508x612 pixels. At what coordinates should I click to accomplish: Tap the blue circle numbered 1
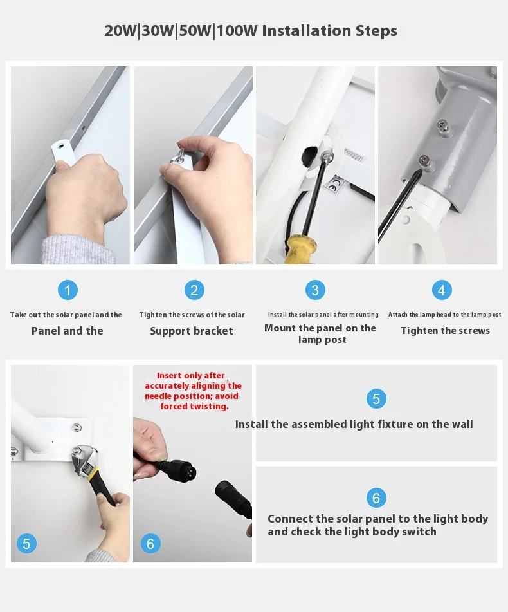click(x=68, y=290)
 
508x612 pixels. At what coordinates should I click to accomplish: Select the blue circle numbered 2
click(x=194, y=290)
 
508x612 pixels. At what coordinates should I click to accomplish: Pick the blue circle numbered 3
click(x=315, y=290)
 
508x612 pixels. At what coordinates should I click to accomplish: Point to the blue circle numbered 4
click(x=442, y=290)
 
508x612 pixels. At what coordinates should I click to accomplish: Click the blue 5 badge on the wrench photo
click(x=26, y=543)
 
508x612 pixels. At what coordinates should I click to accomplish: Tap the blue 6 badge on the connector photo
click(x=150, y=543)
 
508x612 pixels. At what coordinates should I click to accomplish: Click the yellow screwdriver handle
click(x=300, y=249)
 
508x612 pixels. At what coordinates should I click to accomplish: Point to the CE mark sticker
click(x=332, y=186)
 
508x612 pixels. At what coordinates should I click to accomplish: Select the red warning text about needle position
click(x=193, y=391)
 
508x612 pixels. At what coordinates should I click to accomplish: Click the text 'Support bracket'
click(x=192, y=331)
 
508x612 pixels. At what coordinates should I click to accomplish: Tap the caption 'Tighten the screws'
click(x=445, y=331)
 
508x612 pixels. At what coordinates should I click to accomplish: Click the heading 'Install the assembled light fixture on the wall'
click(x=354, y=424)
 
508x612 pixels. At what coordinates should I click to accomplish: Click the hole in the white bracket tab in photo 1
click(x=60, y=146)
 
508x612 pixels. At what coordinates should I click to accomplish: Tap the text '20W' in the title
click(x=120, y=31)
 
